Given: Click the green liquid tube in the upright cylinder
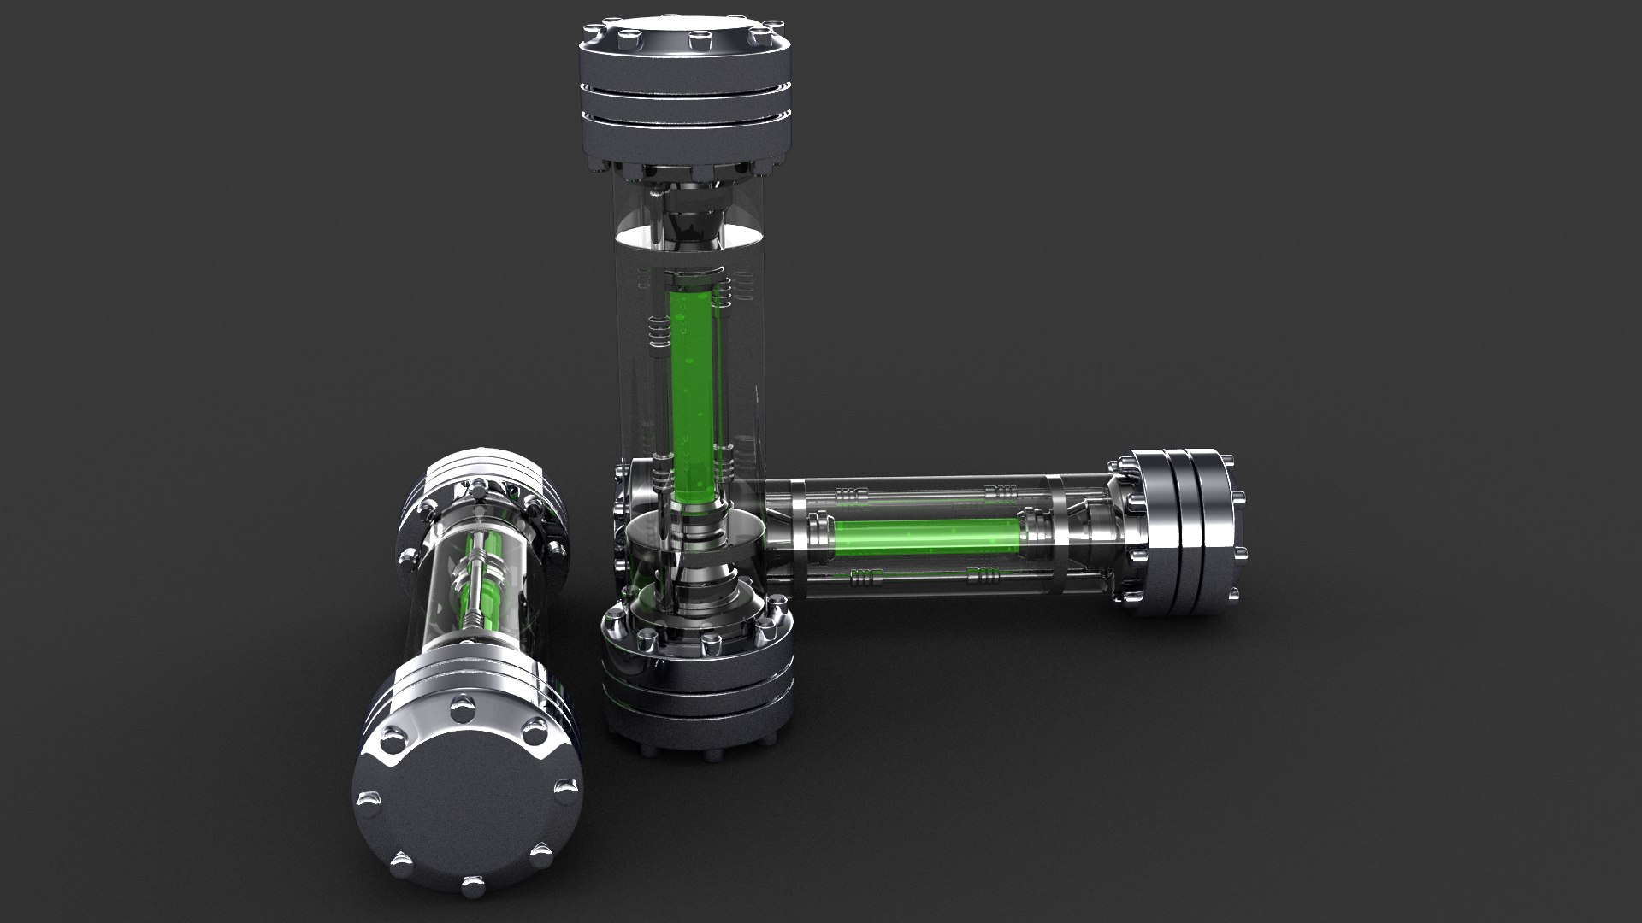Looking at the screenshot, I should pos(694,393).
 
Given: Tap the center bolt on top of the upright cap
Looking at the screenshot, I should pos(700,38).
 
